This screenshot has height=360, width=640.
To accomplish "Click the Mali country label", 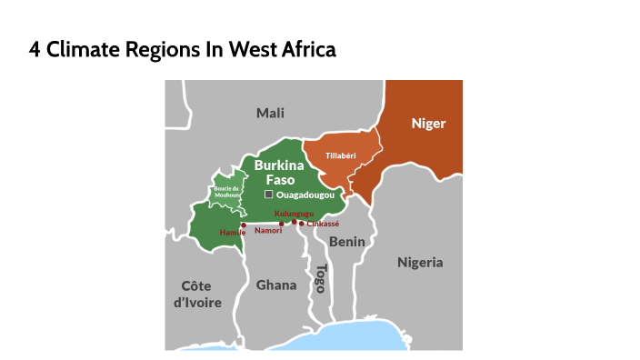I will (x=270, y=113).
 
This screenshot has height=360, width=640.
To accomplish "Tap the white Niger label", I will (x=428, y=123).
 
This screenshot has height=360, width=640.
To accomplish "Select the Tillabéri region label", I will (x=339, y=155).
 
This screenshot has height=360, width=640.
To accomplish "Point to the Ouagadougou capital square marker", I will (x=268, y=195).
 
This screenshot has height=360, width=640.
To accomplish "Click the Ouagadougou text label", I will (x=305, y=195).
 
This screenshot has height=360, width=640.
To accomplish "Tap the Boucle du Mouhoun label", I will (x=226, y=191).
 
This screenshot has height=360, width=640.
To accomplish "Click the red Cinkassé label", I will (x=323, y=223).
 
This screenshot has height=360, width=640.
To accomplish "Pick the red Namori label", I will (x=268, y=230).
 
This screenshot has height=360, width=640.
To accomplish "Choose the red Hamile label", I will (x=233, y=233).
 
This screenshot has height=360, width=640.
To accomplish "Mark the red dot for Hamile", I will (x=244, y=225).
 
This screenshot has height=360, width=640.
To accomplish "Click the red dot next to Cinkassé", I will (x=302, y=223).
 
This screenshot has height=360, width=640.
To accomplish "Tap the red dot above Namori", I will (x=282, y=223).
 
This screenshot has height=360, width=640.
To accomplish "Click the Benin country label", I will (x=346, y=241).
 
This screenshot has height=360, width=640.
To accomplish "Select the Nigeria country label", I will (x=420, y=262).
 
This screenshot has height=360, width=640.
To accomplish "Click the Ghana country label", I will (x=275, y=285).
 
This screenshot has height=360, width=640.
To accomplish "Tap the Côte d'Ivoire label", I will (x=197, y=294).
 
